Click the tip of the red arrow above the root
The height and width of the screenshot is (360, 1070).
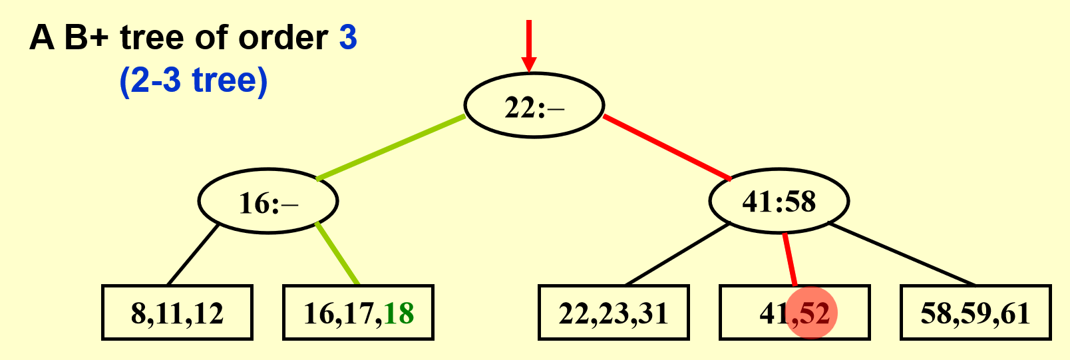529,73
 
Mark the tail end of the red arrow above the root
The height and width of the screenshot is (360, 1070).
529,20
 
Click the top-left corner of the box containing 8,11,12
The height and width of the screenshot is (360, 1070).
102,285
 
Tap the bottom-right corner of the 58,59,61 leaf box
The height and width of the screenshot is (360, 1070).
1051,339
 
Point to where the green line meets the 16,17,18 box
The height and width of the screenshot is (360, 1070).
358,285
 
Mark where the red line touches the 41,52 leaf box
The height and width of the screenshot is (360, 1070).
795,285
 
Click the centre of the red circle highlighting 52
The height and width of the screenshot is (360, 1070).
812,313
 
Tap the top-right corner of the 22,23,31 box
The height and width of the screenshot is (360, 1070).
689,285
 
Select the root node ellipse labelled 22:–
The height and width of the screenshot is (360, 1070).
534,105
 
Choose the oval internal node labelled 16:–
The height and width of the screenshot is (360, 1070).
268,200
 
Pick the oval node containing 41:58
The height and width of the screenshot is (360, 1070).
779,200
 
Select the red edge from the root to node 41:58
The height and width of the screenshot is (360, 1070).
667,148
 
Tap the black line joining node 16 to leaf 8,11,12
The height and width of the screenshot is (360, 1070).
193,254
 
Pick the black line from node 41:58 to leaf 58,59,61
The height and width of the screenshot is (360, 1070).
902,254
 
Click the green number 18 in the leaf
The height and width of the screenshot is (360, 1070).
399,313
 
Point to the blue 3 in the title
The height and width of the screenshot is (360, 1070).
348,37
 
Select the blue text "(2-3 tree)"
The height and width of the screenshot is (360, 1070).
194,81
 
